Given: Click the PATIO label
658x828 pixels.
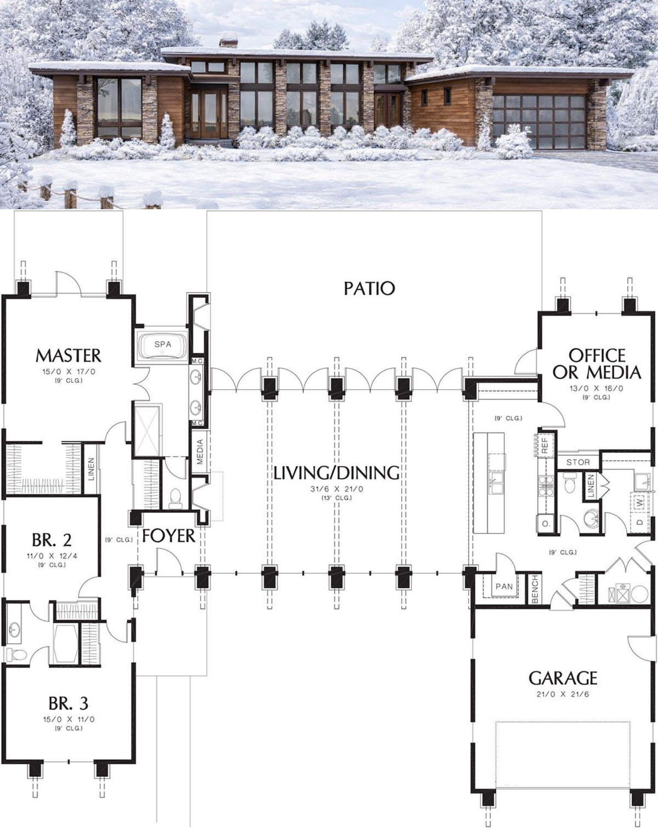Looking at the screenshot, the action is click(x=369, y=289).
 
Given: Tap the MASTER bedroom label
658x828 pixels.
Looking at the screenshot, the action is click(x=68, y=355).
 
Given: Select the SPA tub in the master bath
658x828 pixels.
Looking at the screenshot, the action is click(x=162, y=344).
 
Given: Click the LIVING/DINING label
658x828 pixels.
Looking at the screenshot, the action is click(x=336, y=473).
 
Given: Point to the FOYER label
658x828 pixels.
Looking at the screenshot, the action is click(x=168, y=536).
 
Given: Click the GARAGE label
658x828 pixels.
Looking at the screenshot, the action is click(x=563, y=678).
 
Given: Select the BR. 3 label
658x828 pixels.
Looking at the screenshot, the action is click(x=68, y=703).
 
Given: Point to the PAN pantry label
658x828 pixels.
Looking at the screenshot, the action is click(x=504, y=586).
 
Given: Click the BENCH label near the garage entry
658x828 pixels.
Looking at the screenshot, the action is click(x=535, y=589).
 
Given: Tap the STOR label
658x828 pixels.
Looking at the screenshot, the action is click(x=578, y=462).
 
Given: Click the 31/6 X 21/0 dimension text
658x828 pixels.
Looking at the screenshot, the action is click(x=336, y=488).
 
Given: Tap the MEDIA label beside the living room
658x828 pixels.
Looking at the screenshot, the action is click(x=200, y=453).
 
